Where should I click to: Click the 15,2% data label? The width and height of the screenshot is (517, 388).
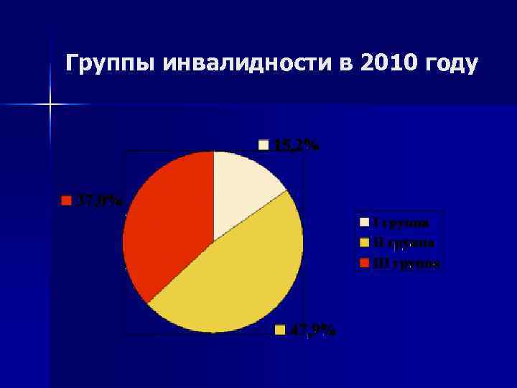pyautogui.click(x=296, y=146)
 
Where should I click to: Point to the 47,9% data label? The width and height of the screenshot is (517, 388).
pyautogui.click(x=312, y=330)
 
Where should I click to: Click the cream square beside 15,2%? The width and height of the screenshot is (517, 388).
pyautogui.click(x=264, y=145)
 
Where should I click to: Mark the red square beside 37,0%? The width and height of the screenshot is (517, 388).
pyautogui.click(x=66, y=200)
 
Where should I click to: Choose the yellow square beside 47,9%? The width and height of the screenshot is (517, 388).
pyautogui.click(x=281, y=330)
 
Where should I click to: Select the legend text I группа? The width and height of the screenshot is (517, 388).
pyautogui.click(x=401, y=222)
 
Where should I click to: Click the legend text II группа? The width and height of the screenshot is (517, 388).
pyautogui.click(x=402, y=242)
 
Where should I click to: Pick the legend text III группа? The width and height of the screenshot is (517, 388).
pyautogui.click(x=405, y=263)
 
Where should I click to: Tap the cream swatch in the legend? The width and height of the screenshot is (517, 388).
pyautogui.click(x=364, y=222)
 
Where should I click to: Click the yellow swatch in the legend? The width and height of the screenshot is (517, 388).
pyautogui.click(x=364, y=242)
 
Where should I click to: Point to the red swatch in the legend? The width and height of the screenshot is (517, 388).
pyautogui.click(x=364, y=263)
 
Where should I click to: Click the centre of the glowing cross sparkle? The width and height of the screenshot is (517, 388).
pyautogui.click(x=51, y=105)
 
